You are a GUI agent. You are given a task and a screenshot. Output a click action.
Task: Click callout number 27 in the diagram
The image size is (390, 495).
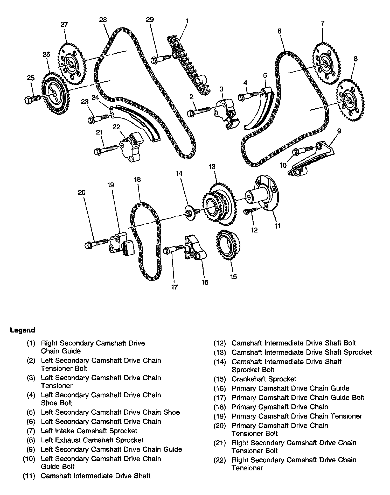(x=64, y=25)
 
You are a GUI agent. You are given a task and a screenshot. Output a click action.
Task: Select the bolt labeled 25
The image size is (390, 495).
(x=32, y=99)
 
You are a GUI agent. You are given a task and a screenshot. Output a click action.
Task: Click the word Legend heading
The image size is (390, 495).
(x=22, y=330)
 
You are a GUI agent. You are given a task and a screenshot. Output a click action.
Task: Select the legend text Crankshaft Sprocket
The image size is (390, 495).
(x=264, y=379)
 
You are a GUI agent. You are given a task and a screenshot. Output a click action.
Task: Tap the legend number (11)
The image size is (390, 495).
(x=29, y=476)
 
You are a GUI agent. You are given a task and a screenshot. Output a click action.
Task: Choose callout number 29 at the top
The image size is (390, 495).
(x=150, y=20)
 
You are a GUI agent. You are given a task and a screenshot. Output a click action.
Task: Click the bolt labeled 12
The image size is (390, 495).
(x=251, y=210)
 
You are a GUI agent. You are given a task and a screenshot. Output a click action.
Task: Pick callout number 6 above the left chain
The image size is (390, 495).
(x=279, y=31)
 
